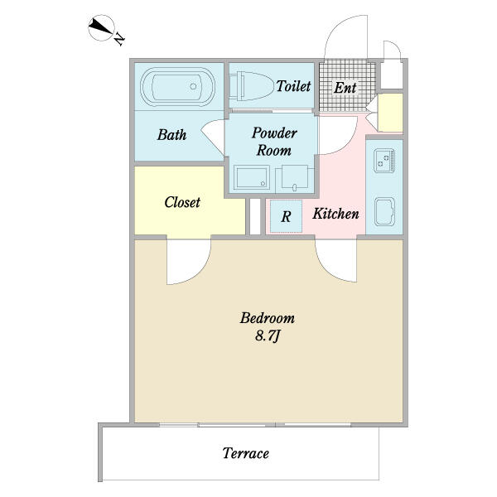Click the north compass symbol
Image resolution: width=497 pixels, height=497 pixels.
coord(101,27)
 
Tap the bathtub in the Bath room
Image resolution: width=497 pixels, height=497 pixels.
coord(178,87)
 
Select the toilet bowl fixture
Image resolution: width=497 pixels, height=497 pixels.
coord(251,86)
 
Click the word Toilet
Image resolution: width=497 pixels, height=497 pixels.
coord(293,86)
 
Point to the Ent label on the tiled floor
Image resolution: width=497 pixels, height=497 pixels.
coord(345,88)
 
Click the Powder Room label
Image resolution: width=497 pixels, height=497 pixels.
coord(274,142)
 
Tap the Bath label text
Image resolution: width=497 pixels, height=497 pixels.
coord(171,135)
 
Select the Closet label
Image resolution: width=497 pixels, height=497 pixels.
coord(182,202)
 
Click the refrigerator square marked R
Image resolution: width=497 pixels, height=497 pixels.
coord(286,216)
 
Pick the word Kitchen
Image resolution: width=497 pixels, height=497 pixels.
coord(335,214)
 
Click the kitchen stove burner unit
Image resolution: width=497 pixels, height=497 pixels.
coord(384,161)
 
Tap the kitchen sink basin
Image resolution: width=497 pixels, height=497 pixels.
coord(384,212)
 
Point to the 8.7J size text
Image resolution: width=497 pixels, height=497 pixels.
coord(268,335)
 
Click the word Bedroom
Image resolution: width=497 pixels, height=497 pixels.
coord(268,318)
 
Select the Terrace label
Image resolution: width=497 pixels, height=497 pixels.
coord(246,453)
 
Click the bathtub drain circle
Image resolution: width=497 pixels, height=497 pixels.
coord(193,86)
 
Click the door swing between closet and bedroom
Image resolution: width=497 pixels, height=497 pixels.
coord(189,262)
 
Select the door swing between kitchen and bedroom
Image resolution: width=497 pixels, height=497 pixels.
coord(336,261)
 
